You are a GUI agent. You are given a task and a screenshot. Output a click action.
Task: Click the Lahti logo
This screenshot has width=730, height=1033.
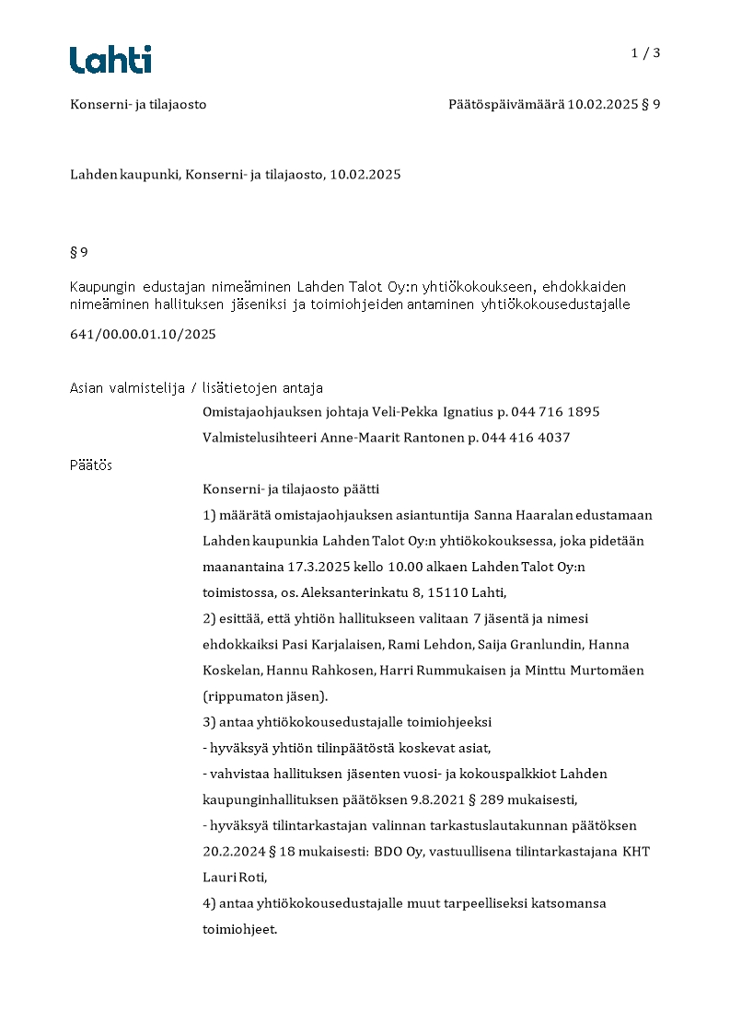[x=110, y=60]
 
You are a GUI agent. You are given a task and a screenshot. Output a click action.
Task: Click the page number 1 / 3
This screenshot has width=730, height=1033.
[x=645, y=53]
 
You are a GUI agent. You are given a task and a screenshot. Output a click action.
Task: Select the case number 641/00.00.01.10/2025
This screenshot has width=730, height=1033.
[x=143, y=335]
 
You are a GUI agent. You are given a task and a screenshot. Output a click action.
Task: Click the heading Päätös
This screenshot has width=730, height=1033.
[x=91, y=465]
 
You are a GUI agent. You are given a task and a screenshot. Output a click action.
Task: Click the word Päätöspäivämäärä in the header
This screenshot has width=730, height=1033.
[x=505, y=105]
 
